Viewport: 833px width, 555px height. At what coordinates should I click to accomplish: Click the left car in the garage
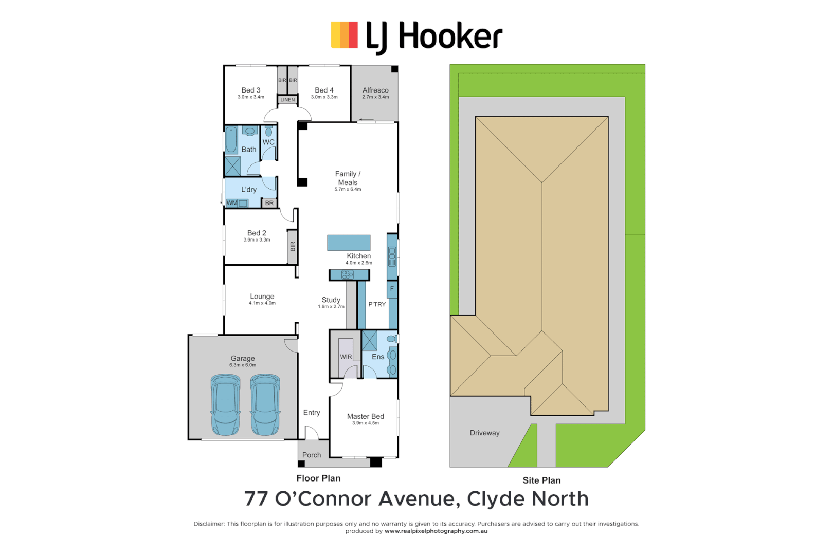coord(225,405)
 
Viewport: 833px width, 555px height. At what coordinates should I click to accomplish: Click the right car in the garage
coord(265,405)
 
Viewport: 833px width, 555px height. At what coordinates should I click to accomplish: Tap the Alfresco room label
coord(375,90)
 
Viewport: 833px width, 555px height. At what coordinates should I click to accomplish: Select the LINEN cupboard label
coord(287,100)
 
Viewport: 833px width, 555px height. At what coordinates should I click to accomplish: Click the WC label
coord(268,142)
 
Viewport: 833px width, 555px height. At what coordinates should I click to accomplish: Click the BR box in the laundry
coord(269,203)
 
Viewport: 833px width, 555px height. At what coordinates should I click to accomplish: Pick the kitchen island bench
coord(349,243)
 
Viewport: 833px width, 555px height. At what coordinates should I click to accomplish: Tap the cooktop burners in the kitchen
coord(348,275)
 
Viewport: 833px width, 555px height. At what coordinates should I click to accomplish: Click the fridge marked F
coord(392,289)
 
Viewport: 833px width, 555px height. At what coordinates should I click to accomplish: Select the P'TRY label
coord(377,304)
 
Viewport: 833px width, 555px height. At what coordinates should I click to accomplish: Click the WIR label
coord(346,357)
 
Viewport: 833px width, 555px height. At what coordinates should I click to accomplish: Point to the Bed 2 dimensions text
coord(257,240)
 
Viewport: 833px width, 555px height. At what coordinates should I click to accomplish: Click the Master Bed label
coord(365,416)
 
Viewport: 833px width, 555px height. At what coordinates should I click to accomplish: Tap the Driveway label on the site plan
coord(484,433)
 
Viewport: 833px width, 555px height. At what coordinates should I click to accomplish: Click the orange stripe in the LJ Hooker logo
coord(344,35)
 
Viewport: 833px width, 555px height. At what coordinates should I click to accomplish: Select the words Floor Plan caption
coord(318,478)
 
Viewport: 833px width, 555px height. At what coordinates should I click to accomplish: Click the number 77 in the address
coord(257,499)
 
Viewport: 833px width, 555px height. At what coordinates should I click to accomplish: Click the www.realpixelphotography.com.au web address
coord(436,531)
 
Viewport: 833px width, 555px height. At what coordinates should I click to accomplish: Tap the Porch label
coord(312,455)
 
